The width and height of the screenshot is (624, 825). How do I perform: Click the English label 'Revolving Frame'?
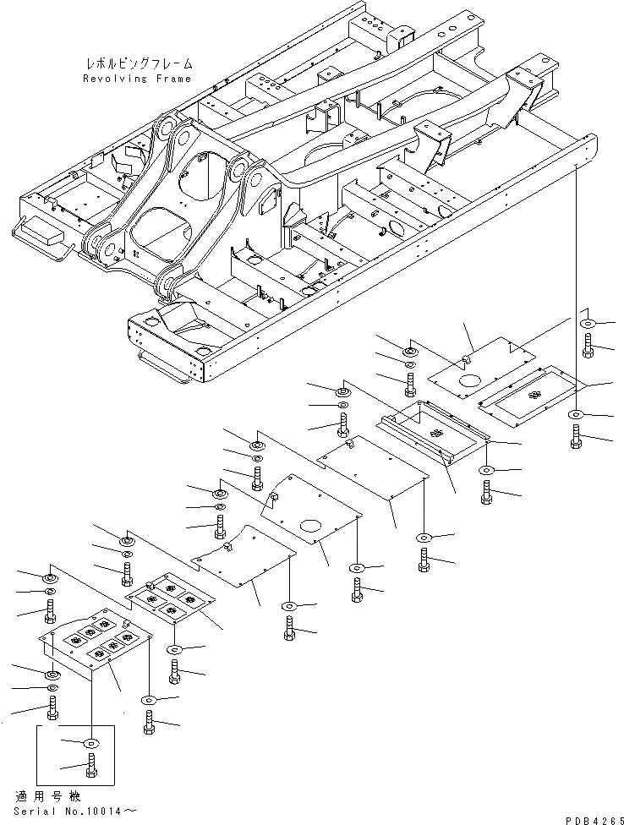pyautogui.click(x=137, y=78)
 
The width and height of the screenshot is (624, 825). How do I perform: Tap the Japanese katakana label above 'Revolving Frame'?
pyautogui.click(x=140, y=63)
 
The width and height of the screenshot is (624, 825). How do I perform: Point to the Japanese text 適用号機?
pyautogui.click(x=37, y=796)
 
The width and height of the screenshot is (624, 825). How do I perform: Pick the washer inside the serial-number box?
pyautogui.click(x=91, y=742)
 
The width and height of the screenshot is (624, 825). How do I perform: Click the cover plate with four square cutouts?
pyautogui.click(x=172, y=601)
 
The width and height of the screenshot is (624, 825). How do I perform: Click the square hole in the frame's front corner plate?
pyautogui.click(x=153, y=322)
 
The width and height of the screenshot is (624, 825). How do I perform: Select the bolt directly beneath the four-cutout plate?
pyautogui.click(x=175, y=673)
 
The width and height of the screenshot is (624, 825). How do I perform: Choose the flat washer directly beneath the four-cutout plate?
pyautogui.click(x=175, y=649)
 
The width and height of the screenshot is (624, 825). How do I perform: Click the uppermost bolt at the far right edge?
pyautogui.click(x=587, y=343)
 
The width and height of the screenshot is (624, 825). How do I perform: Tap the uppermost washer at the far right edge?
pyautogui.click(x=587, y=323)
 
